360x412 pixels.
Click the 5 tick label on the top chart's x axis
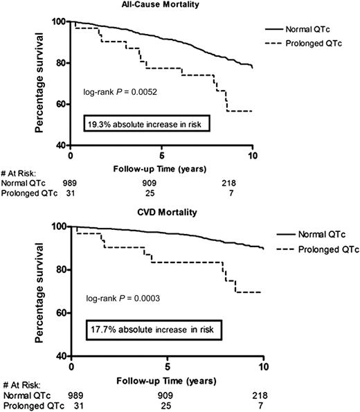[161, 155]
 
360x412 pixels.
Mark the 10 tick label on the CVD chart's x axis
[263, 364]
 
